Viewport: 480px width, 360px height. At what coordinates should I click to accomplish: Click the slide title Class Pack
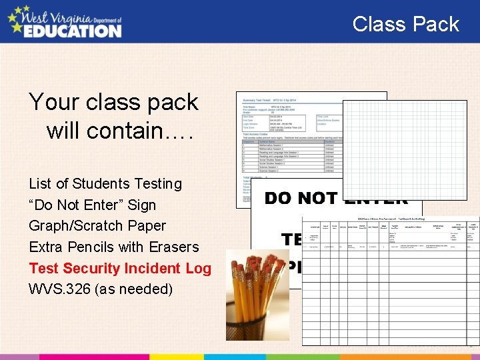coord(405,25)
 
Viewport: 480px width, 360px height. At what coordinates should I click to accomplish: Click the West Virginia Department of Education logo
coord(65,21)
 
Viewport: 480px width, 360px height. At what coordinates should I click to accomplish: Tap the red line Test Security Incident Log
coord(120,269)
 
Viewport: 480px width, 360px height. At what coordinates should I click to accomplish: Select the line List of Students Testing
coord(105,184)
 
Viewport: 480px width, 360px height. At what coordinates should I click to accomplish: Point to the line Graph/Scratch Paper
coord(97,226)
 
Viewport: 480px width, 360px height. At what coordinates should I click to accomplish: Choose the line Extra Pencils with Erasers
coord(114,247)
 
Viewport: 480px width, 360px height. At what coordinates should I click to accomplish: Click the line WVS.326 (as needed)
coord(101,289)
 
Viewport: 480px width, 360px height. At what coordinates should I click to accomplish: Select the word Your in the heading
coord(53,102)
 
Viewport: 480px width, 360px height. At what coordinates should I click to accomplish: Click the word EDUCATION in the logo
coord(73,30)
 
